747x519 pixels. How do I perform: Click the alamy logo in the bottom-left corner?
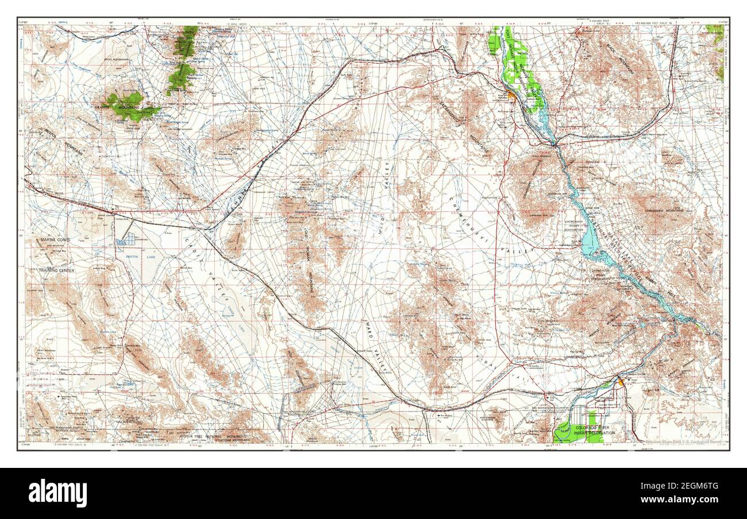click(x=57, y=493)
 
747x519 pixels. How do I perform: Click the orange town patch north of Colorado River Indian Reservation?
click(x=620, y=380)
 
